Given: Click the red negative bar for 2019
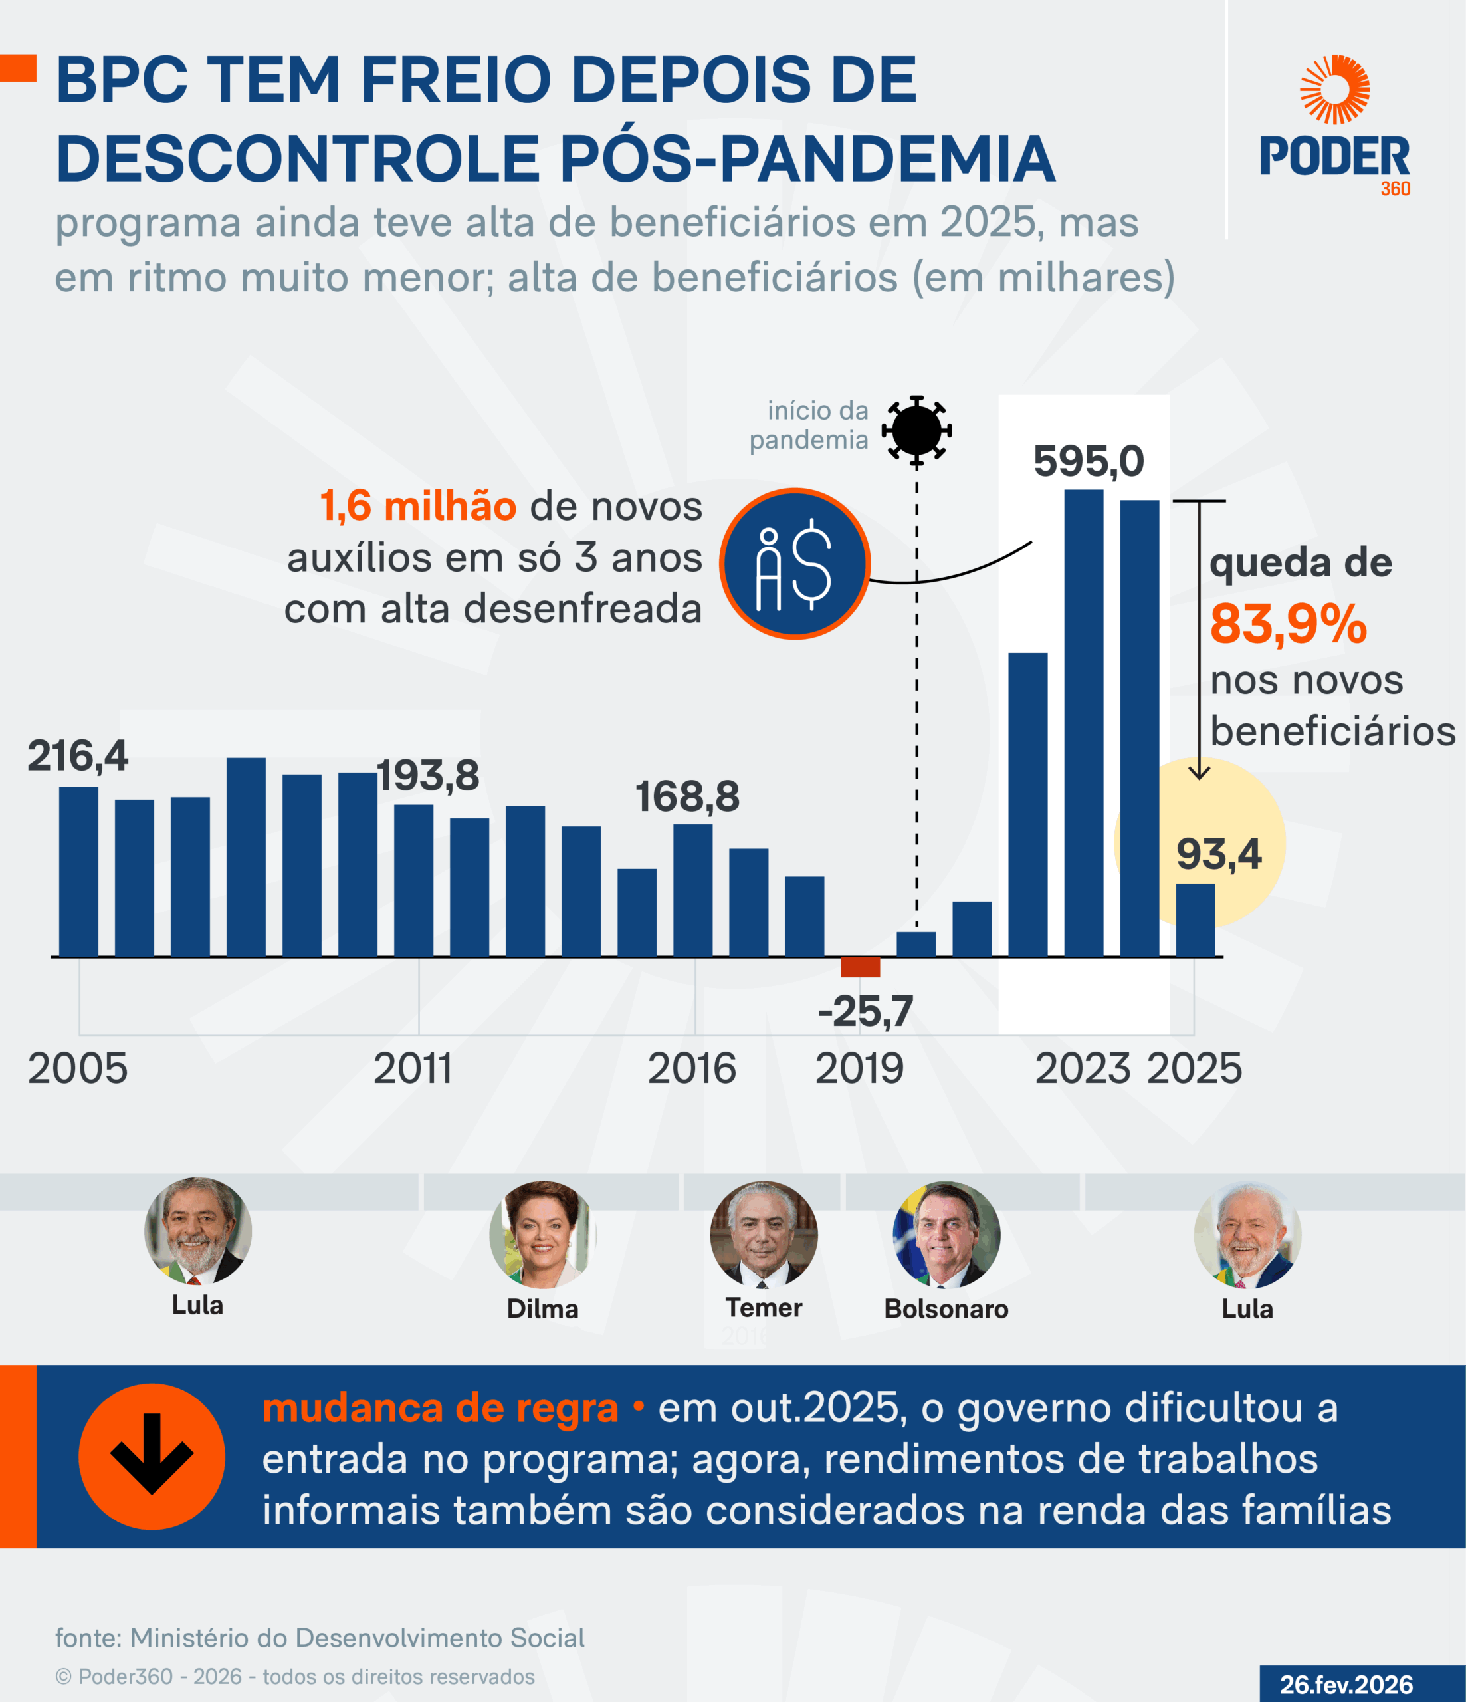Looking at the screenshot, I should (860, 967).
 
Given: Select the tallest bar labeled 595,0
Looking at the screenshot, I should (1083, 723).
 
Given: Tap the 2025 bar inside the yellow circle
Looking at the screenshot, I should (1195, 920).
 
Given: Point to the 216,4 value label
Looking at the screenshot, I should (78, 756).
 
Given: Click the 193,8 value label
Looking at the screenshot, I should (428, 775).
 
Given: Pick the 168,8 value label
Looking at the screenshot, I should (687, 796).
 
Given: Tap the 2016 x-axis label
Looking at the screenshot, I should (692, 1068).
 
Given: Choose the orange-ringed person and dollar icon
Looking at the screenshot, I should (794, 564).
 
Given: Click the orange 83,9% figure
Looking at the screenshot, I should (1288, 624).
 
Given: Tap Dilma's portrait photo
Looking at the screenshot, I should (542, 1235).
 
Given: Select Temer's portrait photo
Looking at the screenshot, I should (763, 1235).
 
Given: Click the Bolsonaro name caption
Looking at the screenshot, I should (946, 1308).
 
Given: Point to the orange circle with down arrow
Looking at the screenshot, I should (152, 1457).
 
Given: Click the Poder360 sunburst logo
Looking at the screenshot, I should (1334, 88).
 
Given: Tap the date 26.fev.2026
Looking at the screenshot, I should (1346, 1684).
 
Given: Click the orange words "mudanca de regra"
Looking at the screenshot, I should (440, 1408).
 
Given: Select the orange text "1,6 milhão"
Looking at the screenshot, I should (417, 506).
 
